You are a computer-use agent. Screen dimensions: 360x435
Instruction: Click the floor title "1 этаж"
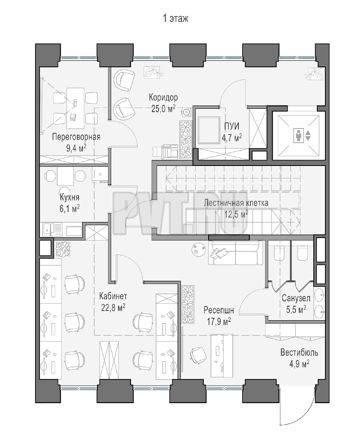click(175, 18)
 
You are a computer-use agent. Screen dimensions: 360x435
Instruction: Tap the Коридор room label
click(163, 97)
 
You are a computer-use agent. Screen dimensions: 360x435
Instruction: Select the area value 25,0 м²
click(163, 108)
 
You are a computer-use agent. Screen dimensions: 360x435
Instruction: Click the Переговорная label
click(76, 137)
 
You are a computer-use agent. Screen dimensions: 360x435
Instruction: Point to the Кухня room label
click(70, 197)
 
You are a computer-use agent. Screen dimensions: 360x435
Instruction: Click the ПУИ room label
click(232, 126)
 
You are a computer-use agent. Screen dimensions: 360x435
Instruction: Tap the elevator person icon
click(298, 135)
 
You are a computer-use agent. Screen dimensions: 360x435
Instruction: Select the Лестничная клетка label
click(236, 203)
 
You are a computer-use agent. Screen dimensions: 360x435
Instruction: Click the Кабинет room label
click(113, 296)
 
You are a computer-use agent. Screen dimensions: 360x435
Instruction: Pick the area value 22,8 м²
click(113, 307)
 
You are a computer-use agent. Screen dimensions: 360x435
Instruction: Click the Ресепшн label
click(219, 310)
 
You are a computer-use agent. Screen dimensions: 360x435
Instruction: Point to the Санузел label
click(296, 298)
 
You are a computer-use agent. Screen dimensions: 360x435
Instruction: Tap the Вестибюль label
click(299, 352)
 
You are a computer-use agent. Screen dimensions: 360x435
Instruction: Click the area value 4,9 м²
click(299, 364)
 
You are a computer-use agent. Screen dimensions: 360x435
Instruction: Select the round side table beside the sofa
click(198, 249)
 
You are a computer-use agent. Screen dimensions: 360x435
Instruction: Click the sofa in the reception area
click(236, 253)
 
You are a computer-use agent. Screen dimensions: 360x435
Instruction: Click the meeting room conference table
click(75, 108)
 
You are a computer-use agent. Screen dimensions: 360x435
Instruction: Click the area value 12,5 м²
click(236, 214)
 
